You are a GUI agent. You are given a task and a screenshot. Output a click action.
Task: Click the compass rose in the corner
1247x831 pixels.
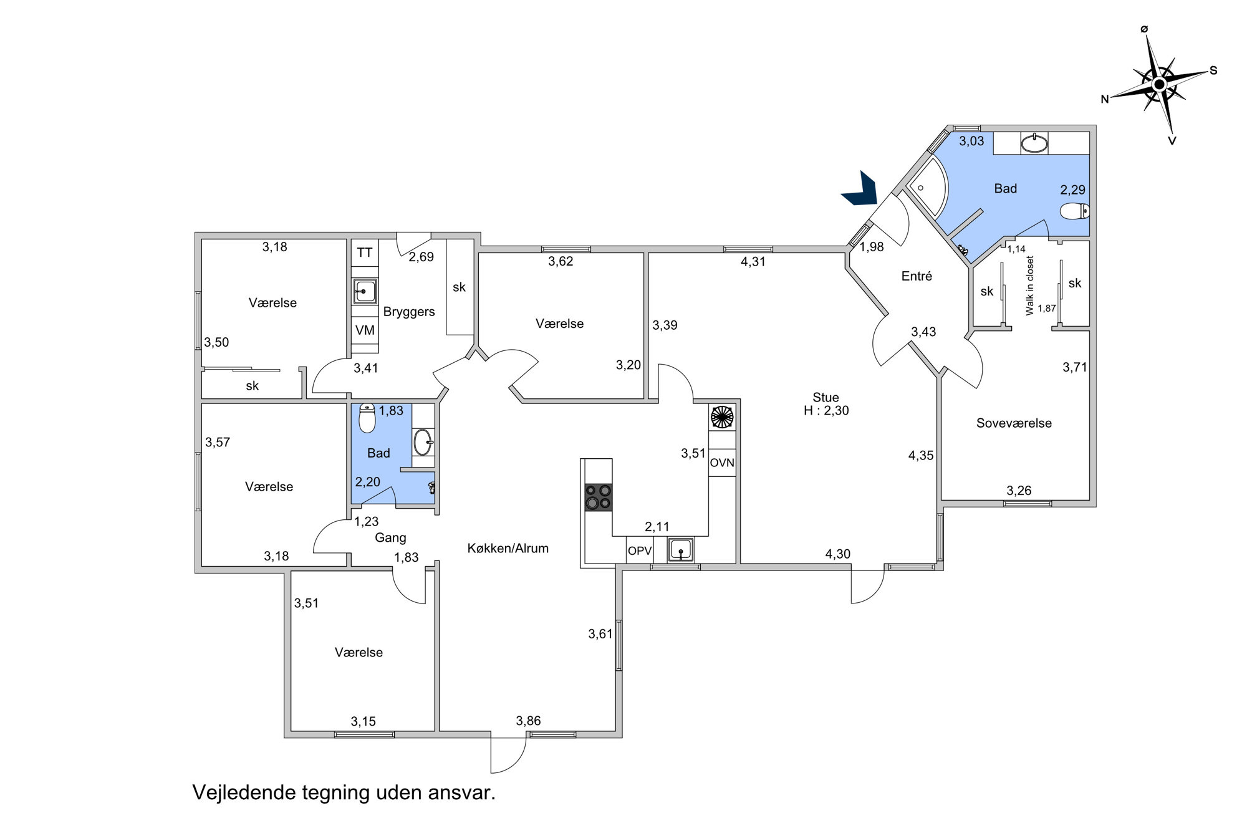1158,84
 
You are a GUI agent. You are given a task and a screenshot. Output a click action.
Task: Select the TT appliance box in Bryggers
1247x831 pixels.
365,252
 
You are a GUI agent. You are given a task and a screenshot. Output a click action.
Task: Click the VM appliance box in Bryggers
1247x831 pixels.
365,330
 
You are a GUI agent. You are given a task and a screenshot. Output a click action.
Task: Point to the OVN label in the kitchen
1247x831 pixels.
722,463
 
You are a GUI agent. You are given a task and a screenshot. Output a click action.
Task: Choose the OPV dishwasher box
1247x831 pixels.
640,551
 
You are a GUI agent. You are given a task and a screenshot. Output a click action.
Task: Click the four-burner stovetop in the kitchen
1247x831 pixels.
598,497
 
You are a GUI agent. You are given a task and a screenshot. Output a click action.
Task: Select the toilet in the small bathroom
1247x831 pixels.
368,418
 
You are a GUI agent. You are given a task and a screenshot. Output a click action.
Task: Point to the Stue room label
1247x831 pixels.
826,397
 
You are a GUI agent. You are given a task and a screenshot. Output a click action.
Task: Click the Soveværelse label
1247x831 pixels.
1014,423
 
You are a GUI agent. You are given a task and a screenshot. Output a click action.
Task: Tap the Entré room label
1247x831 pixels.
917,276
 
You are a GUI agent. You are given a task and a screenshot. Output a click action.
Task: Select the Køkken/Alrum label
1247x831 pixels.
508,549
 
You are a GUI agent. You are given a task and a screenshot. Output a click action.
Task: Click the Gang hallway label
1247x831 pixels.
390,538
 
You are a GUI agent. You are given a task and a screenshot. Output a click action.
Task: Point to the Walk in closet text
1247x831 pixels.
1029,286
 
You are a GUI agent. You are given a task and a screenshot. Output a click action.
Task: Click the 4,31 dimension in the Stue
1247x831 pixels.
753,262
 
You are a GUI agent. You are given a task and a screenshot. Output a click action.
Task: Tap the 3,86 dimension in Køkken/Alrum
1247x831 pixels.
528,721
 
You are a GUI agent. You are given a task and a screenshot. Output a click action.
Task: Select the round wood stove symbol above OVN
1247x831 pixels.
723,417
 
